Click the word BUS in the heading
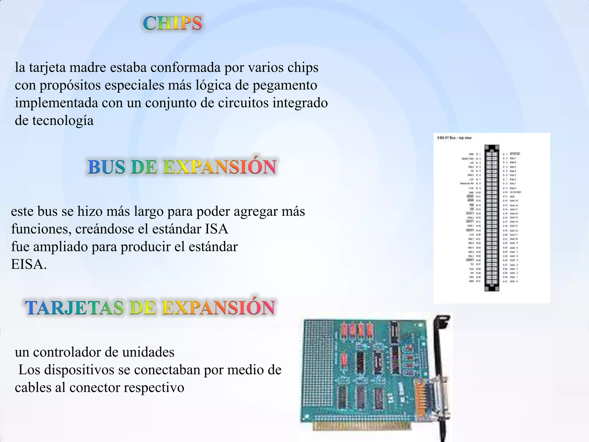point(106,167)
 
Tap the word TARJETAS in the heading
point(74,308)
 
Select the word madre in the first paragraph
point(88,68)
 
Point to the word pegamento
point(285,85)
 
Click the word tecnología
point(63,121)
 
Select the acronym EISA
point(28,264)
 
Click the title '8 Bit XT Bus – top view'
point(454,138)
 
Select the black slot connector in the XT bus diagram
point(492,218)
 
